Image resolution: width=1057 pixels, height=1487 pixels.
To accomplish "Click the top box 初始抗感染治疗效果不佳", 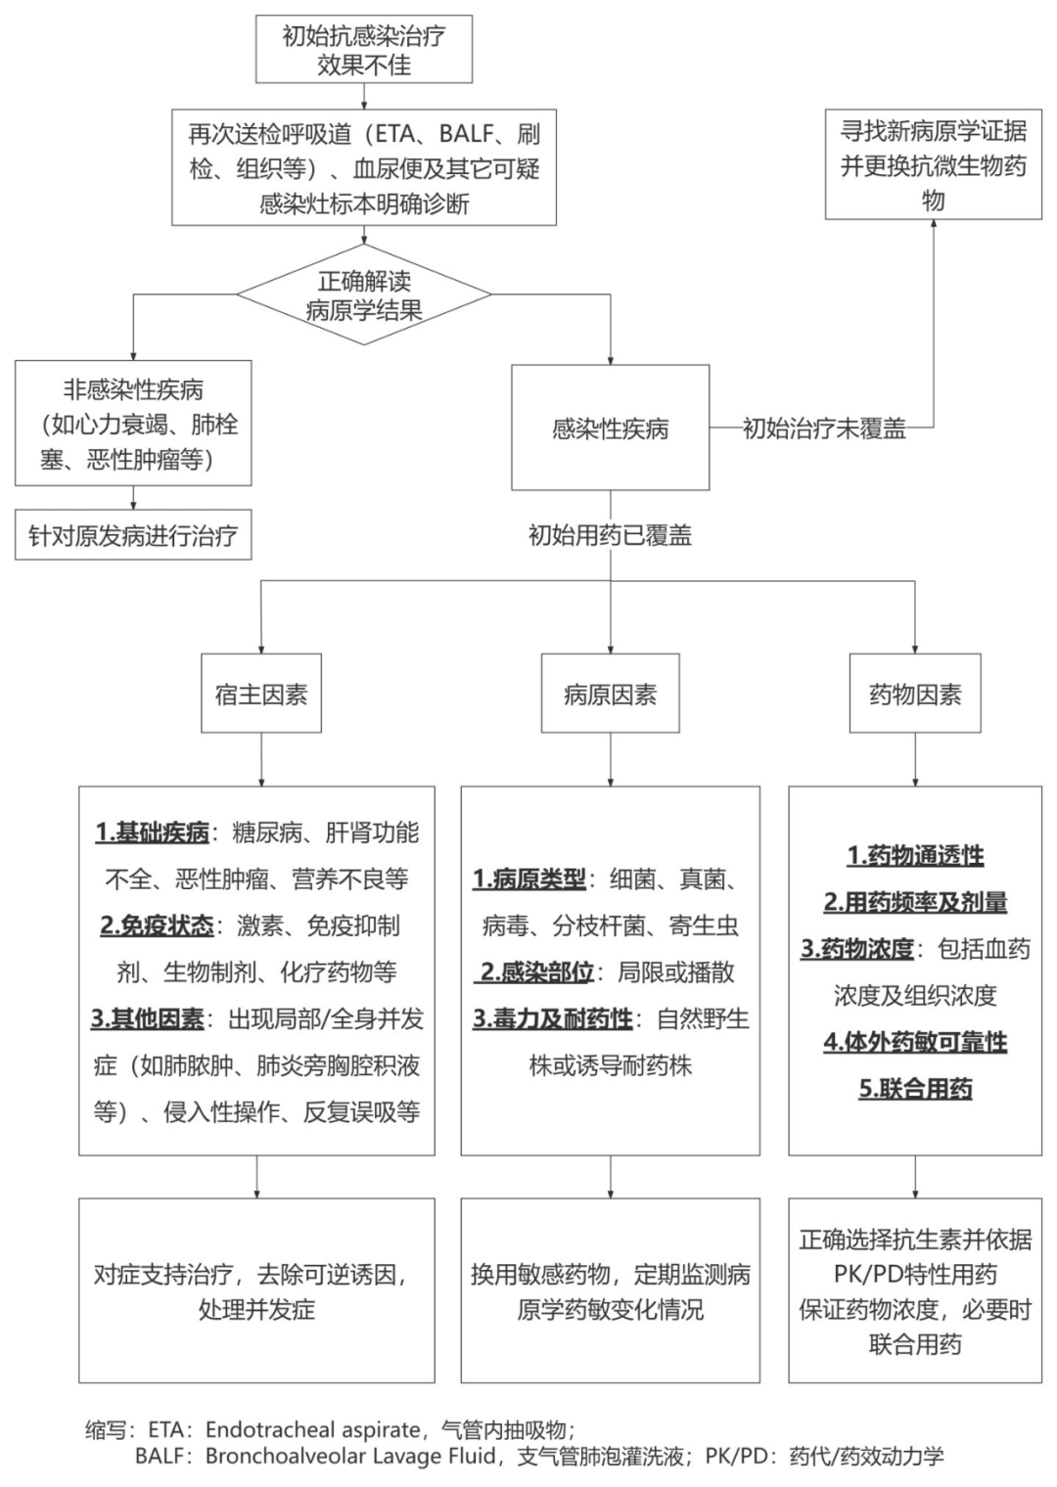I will click(364, 50).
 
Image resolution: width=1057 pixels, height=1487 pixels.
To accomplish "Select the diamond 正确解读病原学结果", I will click(364, 295).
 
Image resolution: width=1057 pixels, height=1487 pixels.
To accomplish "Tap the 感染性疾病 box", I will click(610, 428).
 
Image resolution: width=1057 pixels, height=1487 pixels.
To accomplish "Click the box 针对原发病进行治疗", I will click(133, 535).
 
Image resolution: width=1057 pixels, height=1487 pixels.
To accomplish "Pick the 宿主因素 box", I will click(261, 695).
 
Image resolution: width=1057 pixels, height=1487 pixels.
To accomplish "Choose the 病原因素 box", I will click(610, 695).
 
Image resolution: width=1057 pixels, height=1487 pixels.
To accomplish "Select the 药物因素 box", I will click(915, 695).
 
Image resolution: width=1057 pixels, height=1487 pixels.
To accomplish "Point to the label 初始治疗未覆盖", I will click(824, 428).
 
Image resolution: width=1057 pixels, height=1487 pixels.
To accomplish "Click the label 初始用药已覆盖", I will click(610, 534).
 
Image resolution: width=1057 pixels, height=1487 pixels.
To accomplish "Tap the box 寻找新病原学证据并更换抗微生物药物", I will click(933, 164).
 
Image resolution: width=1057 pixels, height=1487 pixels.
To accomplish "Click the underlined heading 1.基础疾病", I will click(152, 833).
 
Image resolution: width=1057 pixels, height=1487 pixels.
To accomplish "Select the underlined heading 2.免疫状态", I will click(157, 925).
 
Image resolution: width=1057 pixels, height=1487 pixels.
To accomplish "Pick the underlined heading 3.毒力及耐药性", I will click(553, 1018).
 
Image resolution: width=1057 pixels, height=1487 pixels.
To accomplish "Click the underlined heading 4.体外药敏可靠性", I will click(915, 1042).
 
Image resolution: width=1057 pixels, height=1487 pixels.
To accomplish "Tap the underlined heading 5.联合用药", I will click(915, 1089).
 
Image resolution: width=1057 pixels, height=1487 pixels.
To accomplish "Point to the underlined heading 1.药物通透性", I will click(915, 855).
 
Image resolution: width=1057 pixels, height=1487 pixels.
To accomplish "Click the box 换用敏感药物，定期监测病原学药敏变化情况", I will click(610, 1290).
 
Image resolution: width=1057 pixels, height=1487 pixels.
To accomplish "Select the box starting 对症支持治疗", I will click(256, 1290).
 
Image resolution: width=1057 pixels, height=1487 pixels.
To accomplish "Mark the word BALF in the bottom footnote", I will click(160, 1456).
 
